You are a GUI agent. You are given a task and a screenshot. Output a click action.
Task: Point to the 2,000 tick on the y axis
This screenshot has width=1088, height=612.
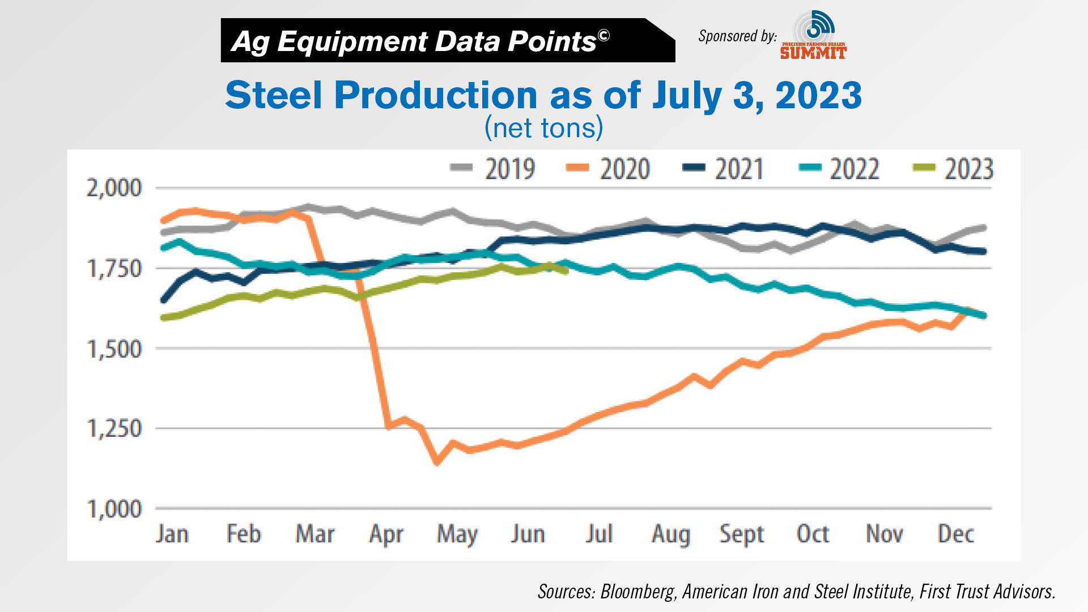(114, 188)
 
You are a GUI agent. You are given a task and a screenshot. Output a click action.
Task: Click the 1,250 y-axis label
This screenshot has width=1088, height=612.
(114, 428)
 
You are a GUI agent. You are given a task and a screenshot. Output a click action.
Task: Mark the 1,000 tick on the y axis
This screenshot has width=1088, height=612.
(114, 509)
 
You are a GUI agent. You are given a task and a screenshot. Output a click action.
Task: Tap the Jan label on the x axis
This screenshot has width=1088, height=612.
(172, 534)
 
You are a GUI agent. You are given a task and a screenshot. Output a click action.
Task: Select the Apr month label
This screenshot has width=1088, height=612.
(386, 534)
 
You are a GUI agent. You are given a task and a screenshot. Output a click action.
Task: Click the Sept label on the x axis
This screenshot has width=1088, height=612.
(741, 534)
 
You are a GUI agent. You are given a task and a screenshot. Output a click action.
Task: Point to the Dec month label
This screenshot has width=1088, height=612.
(955, 534)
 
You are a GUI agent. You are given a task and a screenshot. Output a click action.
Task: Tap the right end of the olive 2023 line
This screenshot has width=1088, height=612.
(566, 271)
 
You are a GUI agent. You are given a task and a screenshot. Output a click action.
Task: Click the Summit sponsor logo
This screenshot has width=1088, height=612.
(813, 35)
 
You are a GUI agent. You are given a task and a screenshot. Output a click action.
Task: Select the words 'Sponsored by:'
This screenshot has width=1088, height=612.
(737, 36)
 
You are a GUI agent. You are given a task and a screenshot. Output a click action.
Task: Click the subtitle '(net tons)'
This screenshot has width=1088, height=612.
(543, 128)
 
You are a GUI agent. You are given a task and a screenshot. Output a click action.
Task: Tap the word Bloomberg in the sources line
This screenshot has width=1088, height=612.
(637, 592)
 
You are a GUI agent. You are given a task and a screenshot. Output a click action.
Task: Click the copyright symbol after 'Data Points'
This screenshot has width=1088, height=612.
(603, 36)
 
